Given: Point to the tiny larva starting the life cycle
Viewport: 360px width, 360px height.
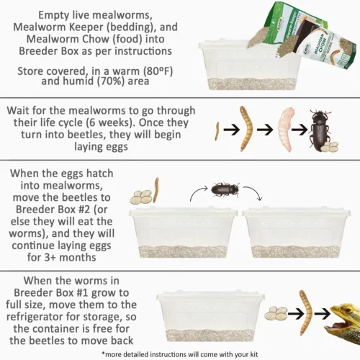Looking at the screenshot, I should tap(217, 131).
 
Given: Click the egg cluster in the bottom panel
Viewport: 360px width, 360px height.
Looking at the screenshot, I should tap(276, 313).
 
